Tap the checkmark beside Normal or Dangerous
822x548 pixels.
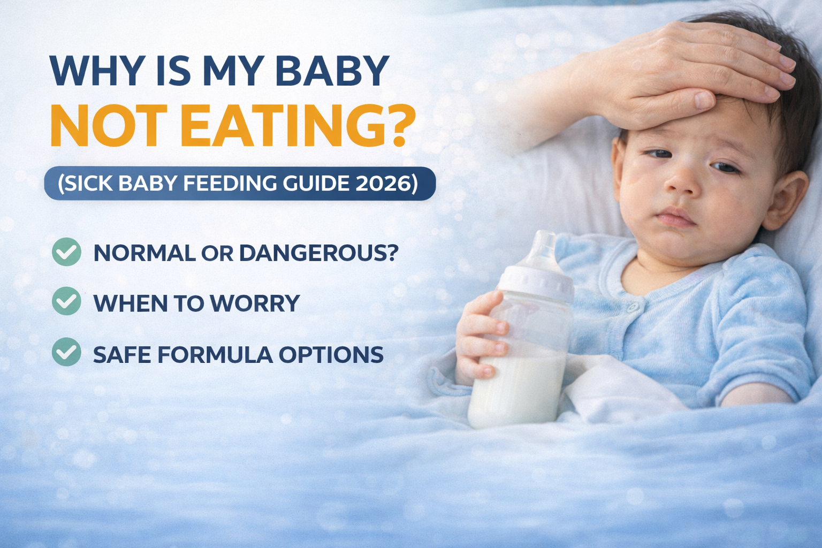click(x=67, y=252)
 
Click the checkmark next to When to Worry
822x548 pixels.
click(x=67, y=301)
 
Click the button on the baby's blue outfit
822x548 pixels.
click(x=633, y=307)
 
